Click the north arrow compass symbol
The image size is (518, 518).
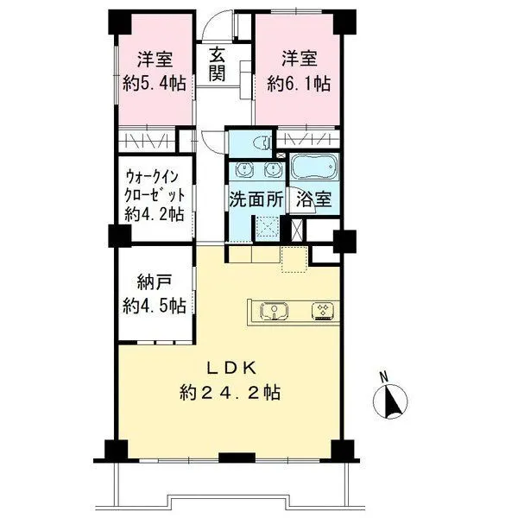(390, 401)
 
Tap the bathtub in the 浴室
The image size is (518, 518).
(314, 167)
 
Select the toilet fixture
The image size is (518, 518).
(262, 143)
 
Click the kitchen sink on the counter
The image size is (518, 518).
(274, 311)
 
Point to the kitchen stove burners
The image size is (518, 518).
(323, 311)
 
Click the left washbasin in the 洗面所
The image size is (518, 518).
(244, 169)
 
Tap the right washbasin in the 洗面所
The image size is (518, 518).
(273, 169)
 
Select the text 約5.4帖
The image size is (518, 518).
(155, 83)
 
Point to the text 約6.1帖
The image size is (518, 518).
(299, 83)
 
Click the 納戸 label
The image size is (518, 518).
(155, 283)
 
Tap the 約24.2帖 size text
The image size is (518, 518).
(230, 393)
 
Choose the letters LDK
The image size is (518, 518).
(231, 369)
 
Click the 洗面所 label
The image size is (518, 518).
(256, 199)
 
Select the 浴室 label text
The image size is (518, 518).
(314, 199)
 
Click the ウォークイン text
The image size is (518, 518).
(152, 177)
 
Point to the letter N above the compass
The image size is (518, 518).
(383, 377)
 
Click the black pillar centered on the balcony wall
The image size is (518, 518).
(237, 458)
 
